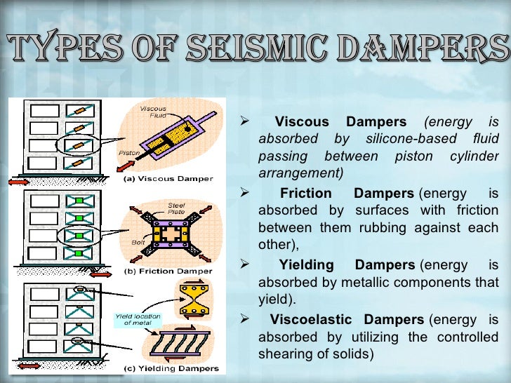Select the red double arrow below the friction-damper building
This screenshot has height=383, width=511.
pos(100,274)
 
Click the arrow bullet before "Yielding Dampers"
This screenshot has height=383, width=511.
pos(244,264)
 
